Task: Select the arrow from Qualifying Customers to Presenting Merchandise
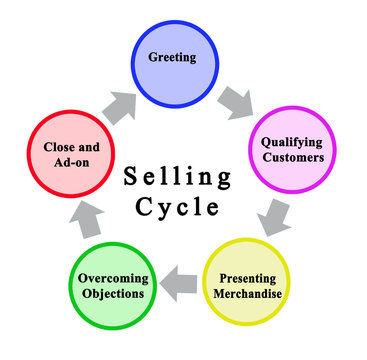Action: click(x=272, y=214)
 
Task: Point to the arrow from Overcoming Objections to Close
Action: click(x=84, y=215)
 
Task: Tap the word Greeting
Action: click(x=171, y=57)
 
